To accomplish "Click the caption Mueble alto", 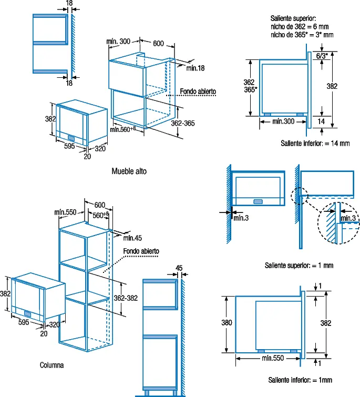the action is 129,171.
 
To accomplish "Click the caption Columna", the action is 52,365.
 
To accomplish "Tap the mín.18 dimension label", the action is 196,68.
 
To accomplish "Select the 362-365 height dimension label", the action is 183,123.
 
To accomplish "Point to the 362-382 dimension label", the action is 126,298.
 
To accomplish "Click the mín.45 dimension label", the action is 132,238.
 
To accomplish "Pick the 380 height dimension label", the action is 227,322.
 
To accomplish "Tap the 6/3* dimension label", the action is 322,56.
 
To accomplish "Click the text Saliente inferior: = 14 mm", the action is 315,144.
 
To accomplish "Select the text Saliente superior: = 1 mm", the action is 299,266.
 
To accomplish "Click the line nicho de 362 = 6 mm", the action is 300,27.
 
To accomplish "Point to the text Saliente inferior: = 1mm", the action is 300,380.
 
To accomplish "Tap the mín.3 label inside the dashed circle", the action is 348,218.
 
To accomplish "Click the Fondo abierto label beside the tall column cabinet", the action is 141,251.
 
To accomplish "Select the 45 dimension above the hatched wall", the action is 179,268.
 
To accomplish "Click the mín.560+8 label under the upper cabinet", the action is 123,129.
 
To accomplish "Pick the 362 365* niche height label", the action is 250,86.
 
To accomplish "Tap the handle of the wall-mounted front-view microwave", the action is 258,201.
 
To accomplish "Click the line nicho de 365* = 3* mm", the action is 302,35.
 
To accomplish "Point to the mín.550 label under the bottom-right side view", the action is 273,358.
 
